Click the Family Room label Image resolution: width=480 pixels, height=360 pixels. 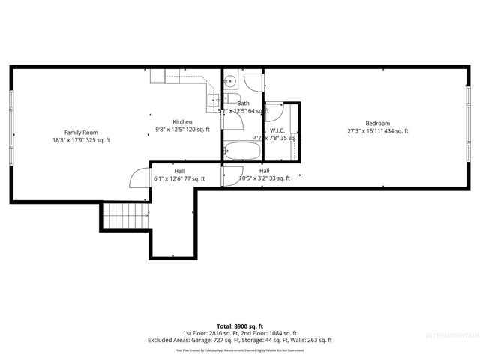tap(81, 132)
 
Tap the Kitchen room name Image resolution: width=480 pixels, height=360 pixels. tap(182, 121)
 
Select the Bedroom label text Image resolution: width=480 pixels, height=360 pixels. tap(377, 124)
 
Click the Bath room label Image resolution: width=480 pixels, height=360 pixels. tap(243, 103)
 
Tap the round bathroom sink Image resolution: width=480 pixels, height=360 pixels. tap(232, 81)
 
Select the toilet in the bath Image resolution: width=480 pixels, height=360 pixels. tap(233, 100)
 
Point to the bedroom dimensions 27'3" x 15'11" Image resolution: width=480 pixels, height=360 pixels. tap(377, 132)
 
